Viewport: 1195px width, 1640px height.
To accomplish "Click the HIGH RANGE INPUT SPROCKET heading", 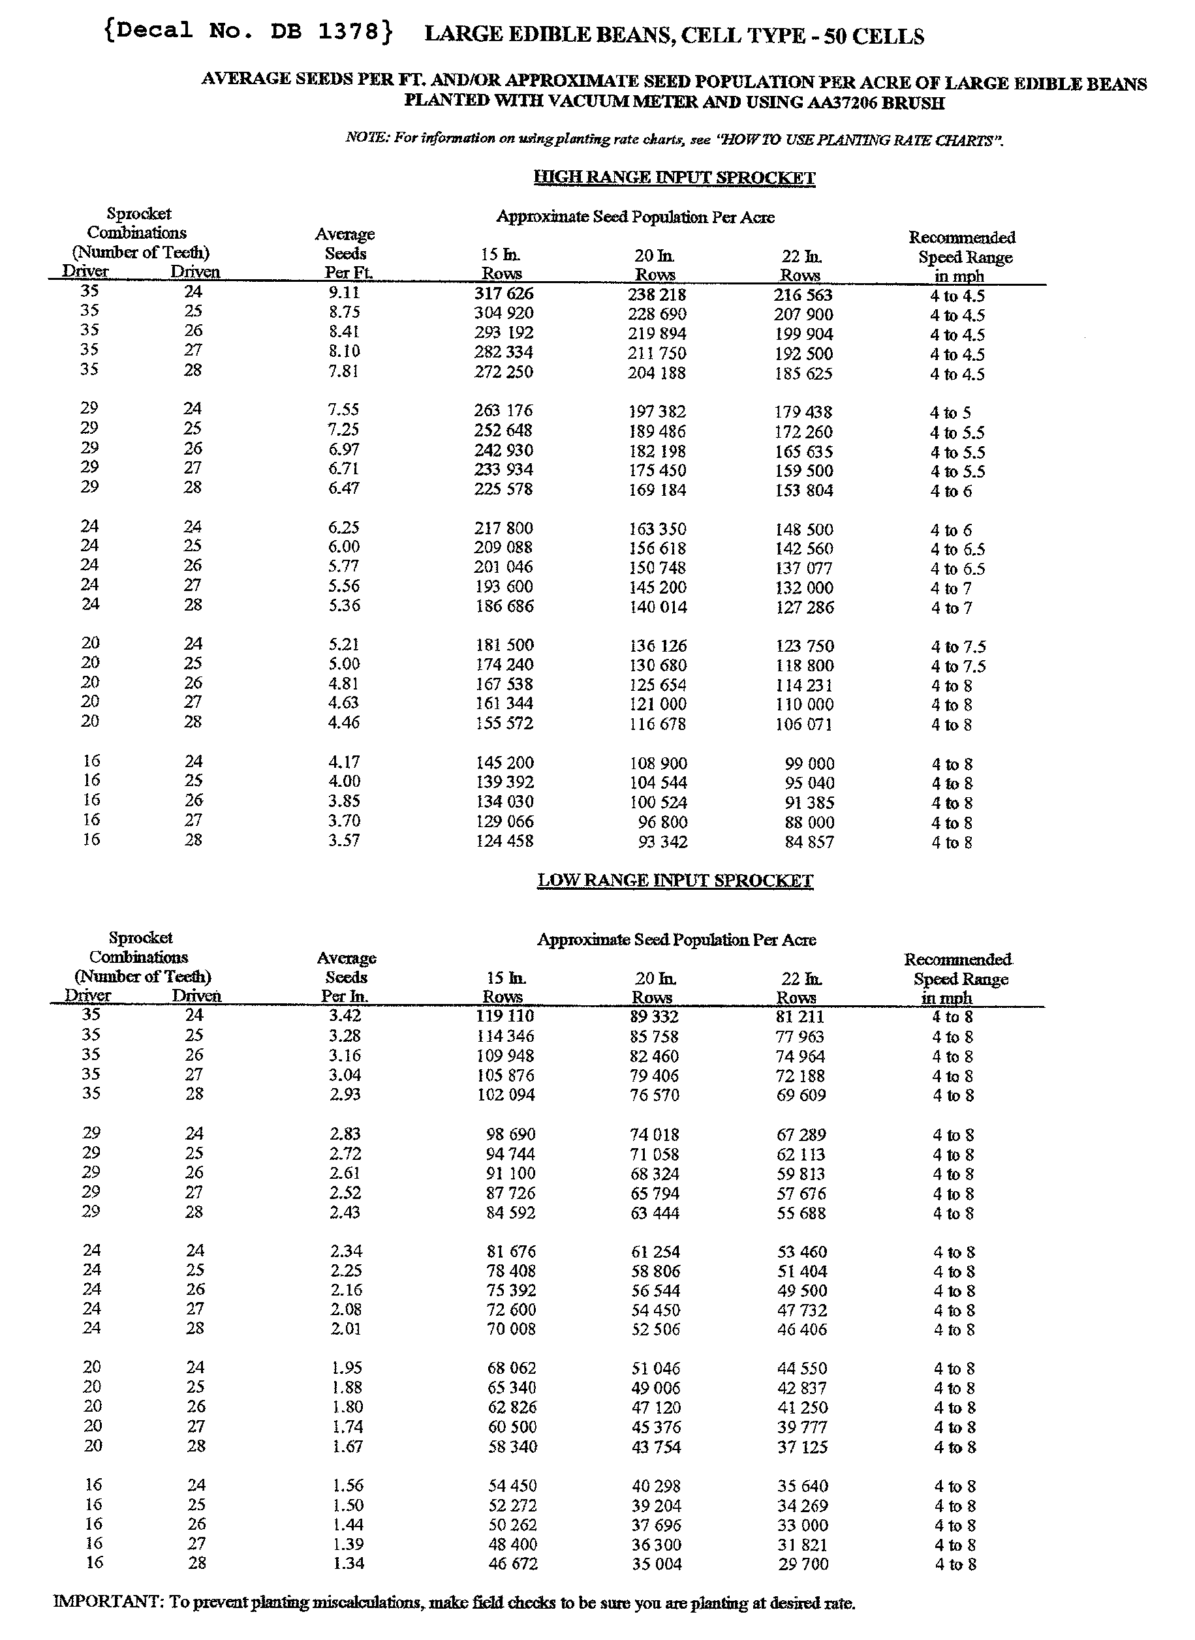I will [674, 178].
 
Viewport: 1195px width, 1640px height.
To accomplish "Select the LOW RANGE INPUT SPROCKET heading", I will [675, 880].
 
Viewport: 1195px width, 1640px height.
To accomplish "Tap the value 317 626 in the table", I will [504, 294].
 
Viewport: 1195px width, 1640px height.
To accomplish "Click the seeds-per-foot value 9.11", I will [343, 293].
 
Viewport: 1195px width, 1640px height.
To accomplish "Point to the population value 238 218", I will [657, 295].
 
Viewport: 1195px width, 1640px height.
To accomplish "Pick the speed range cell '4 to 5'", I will [950, 413].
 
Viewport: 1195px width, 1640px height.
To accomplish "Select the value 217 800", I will [504, 528].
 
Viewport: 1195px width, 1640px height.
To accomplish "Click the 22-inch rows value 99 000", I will [809, 765].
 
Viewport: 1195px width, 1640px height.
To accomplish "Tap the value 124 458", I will [504, 842].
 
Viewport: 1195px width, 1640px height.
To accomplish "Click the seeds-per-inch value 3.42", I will [345, 1015].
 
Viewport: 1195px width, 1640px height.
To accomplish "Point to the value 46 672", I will [512, 1564].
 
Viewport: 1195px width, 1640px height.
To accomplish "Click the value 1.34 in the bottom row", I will [348, 1564].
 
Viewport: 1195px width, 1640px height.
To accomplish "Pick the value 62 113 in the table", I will [801, 1155].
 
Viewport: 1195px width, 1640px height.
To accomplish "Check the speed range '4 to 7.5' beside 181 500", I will [957, 647].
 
